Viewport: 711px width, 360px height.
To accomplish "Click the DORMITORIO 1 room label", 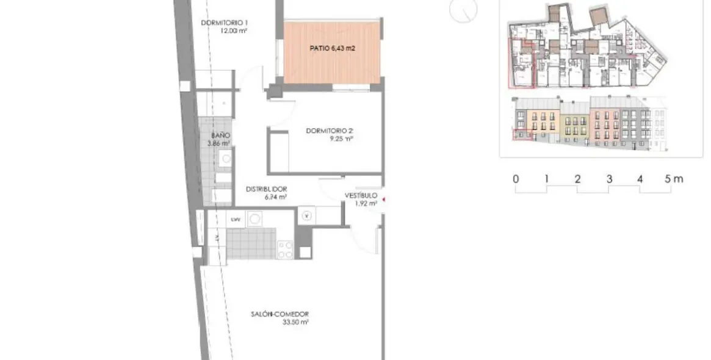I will (x=224, y=24).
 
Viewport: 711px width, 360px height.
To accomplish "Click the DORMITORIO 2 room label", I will (x=330, y=131).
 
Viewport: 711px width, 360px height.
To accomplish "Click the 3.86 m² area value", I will (x=218, y=143).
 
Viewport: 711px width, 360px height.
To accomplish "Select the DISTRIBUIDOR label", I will (x=266, y=189).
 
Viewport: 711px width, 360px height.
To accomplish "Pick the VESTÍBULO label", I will (x=361, y=195).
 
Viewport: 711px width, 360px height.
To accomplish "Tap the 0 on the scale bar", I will (x=516, y=179).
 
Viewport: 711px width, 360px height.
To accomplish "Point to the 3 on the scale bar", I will (x=609, y=179).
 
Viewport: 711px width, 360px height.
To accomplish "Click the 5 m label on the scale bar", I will (x=674, y=179).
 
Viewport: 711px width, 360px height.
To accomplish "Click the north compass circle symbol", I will (x=463, y=10).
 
